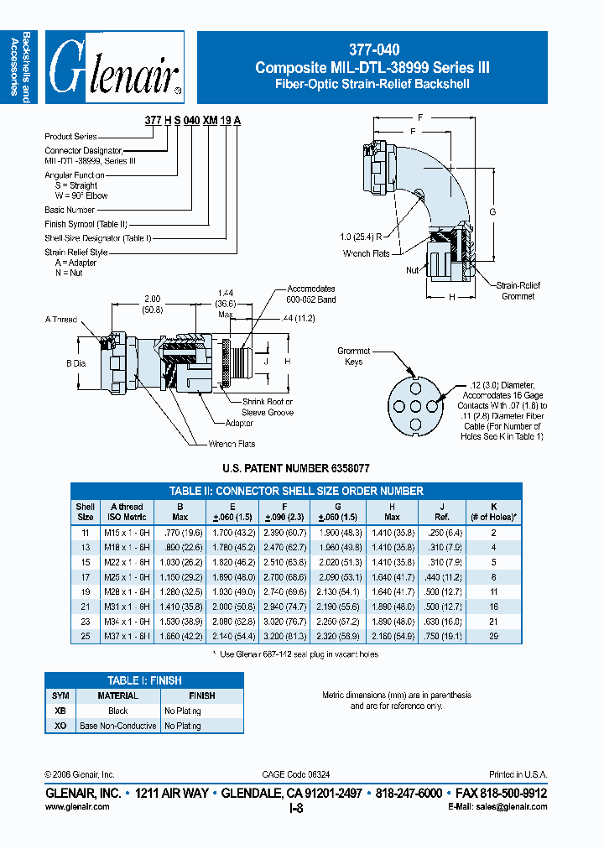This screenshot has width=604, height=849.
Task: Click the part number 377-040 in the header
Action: pos(372,50)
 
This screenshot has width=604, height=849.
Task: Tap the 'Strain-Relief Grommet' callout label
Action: pos(517,291)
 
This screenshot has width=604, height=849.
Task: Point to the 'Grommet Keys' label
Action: pos(353,357)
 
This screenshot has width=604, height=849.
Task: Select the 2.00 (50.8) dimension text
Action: pos(152,304)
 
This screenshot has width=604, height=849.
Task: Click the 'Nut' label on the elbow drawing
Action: pos(412,270)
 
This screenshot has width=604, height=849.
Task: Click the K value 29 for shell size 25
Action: pos(493,636)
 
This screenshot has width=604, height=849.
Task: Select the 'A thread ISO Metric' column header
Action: pos(128,513)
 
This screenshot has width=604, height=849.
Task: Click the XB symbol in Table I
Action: pos(60,711)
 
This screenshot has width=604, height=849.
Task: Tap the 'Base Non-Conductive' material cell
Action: pos(118,726)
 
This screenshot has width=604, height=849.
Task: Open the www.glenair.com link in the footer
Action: pos(76,806)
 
